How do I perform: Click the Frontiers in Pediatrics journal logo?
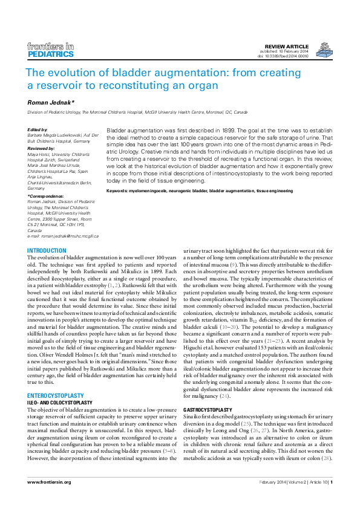(x=51, y=50)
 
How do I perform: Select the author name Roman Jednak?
(x=50, y=103)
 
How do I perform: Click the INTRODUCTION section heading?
(x=47, y=250)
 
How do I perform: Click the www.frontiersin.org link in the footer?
(x=49, y=482)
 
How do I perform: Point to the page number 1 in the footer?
(x=331, y=482)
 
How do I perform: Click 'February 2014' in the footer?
(x=273, y=482)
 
